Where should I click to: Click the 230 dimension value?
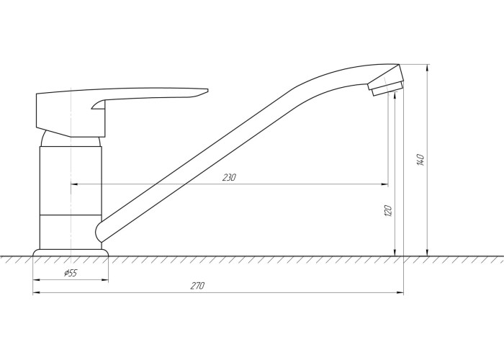[229, 177]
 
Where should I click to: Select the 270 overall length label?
[197, 285]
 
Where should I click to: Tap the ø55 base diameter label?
[71, 273]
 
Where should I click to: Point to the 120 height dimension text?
[388, 210]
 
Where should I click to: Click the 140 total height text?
[420, 160]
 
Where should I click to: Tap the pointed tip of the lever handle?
[207, 90]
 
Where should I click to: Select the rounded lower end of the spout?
[99, 232]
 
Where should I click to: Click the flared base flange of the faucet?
[71, 253]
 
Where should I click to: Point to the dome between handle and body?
[45, 138]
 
